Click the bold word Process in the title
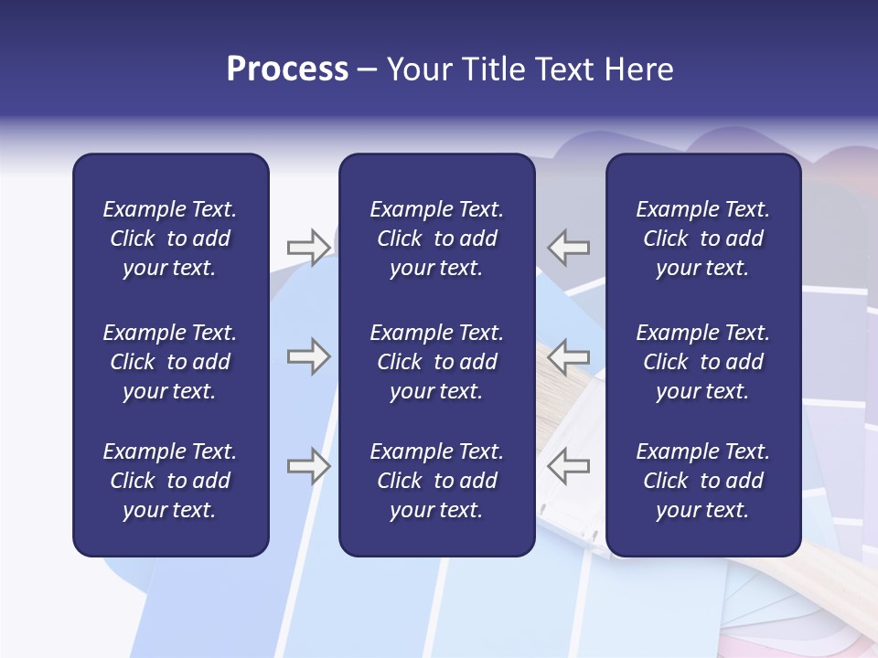coord(287,69)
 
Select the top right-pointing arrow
coord(308,247)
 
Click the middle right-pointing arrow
coord(308,356)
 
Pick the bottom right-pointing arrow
coord(308,465)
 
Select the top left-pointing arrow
coord(569,247)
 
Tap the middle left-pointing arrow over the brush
coord(569,356)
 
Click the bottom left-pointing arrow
coord(569,465)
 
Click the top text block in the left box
coord(170,239)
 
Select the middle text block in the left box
coord(170,362)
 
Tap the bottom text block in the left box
coord(170,481)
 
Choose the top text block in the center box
coord(436,239)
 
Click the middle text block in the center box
coord(436,362)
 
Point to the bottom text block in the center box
coord(436,481)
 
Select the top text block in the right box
coord(702,239)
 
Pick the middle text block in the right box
coord(702,362)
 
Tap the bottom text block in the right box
coord(702,481)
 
